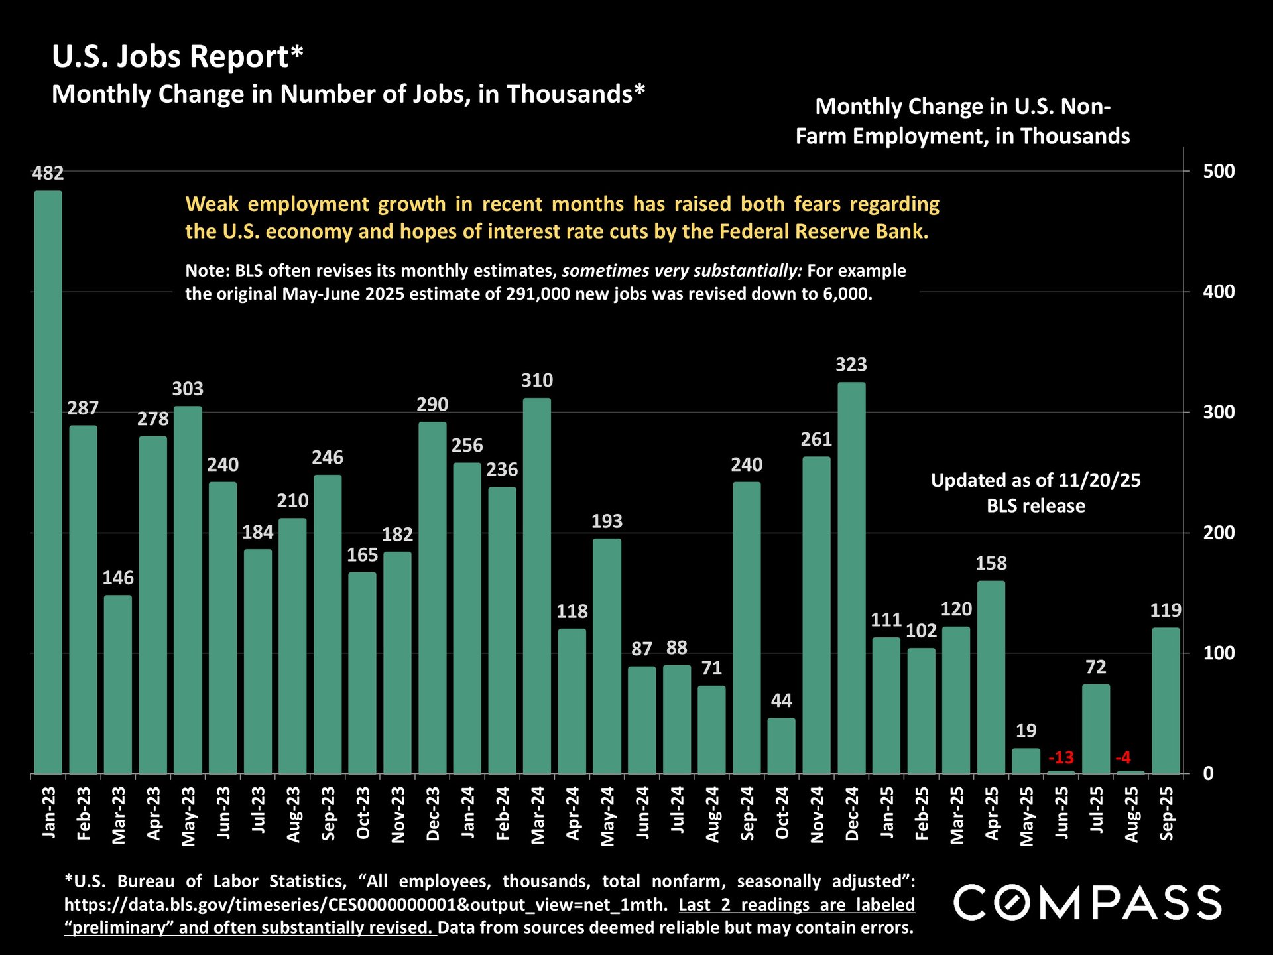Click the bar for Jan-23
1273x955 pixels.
click(48, 482)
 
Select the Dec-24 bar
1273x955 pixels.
click(851, 578)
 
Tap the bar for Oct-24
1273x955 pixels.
click(781, 745)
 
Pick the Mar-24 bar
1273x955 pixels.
click(537, 586)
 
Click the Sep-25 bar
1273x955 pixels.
click(1166, 700)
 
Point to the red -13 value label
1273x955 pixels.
click(1061, 757)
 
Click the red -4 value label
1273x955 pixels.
click(1123, 757)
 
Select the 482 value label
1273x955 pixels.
click(48, 174)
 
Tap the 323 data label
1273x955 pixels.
click(851, 365)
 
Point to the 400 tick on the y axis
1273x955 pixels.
click(1219, 292)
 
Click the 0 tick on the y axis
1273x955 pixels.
click(1209, 773)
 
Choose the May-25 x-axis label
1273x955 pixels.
click(1026, 816)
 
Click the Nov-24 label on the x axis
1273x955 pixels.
click(817, 814)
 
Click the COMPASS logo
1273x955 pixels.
click(1087, 903)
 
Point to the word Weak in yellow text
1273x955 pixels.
click(212, 204)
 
